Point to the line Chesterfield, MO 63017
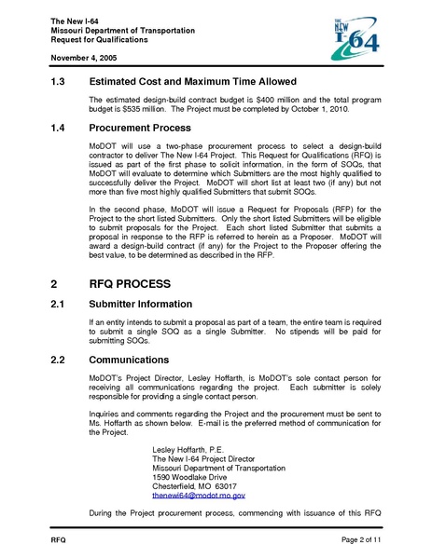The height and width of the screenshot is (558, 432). (x=194, y=487)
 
